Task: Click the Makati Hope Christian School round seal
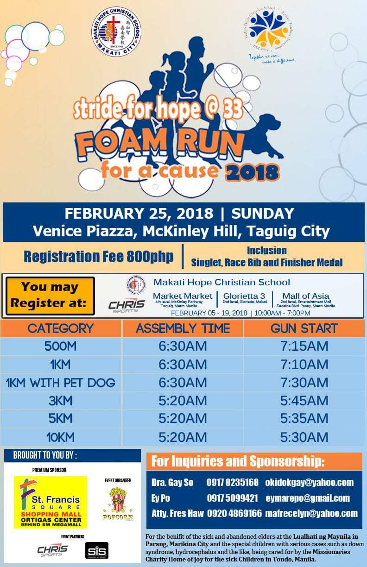click(x=116, y=32)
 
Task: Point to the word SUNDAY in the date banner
click(x=263, y=214)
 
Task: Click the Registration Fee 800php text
click(x=99, y=256)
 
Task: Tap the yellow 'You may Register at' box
click(x=51, y=296)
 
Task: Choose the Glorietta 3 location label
click(x=242, y=296)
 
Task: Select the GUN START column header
click(x=304, y=329)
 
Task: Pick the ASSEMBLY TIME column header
click(x=183, y=329)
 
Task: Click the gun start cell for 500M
click(x=304, y=346)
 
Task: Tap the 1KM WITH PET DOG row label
click(x=60, y=383)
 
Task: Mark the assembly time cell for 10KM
click(x=183, y=437)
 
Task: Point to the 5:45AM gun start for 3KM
click(x=304, y=401)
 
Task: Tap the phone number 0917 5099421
click(x=232, y=498)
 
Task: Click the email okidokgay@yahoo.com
click(x=309, y=483)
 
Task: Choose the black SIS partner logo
click(x=97, y=550)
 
